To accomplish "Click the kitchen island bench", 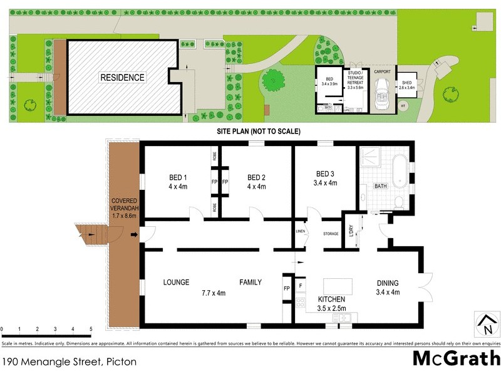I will tap(337, 285).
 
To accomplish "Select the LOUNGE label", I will tap(176, 282).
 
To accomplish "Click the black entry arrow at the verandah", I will tap(133, 235).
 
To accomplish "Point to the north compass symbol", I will tap(486, 325).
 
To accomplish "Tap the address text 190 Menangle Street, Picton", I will tap(69, 362).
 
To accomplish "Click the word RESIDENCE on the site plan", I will tap(122, 78).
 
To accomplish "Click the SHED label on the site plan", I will tap(407, 85).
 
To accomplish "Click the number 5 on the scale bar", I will tap(91, 329).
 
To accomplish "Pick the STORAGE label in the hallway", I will tap(331, 234).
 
